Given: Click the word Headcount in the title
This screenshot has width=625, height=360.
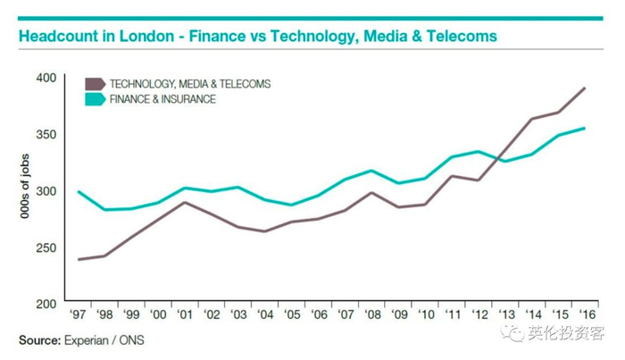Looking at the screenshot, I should pyautogui.click(x=55, y=38).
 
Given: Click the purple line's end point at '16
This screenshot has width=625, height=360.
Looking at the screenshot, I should pyautogui.click(x=585, y=88).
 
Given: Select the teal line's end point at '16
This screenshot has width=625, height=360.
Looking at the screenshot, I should pyautogui.click(x=585, y=128).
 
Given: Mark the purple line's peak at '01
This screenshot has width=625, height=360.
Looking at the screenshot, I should pyautogui.click(x=185, y=202).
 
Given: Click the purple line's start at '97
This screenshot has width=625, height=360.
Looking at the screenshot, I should pyautogui.click(x=79, y=259).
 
